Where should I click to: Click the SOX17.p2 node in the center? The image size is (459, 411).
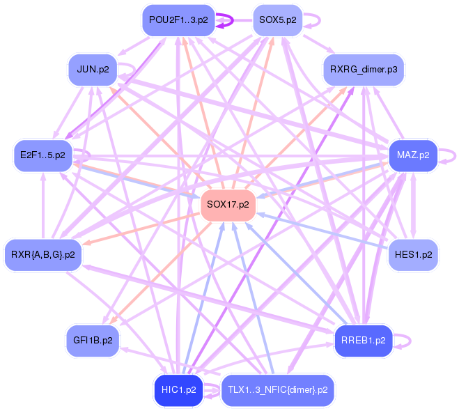point(228,205)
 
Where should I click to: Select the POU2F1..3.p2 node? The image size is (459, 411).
point(178,20)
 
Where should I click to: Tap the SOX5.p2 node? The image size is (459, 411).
point(277,20)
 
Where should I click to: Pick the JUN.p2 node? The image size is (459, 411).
point(93,70)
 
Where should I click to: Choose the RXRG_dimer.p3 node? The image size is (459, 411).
point(364,70)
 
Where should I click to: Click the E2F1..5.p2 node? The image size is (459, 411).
point(42,155)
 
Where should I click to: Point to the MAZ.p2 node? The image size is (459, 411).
point(413,155)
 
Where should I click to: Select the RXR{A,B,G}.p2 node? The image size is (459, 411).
point(42,254)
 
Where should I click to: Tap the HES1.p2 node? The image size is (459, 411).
point(413,254)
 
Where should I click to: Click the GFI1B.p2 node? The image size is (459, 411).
point(93,340)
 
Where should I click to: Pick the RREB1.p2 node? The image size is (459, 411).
point(364,340)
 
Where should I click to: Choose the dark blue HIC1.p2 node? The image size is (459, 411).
point(178,389)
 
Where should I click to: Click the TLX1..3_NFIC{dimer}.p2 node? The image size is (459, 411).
point(277,389)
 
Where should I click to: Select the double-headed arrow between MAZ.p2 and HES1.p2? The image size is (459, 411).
point(413,205)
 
